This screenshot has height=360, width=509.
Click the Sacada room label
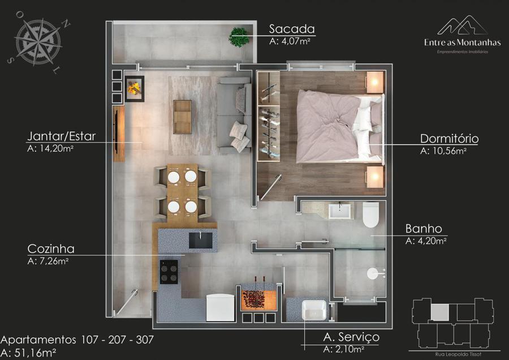pyautogui.click(x=292, y=29)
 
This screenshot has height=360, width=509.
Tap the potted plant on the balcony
pyautogui.click(x=239, y=37)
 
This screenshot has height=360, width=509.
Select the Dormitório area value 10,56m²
pyautogui.click(x=443, y=151)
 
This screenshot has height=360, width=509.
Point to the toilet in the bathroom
pyautogui.click(x=370, y=215)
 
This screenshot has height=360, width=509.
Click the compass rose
pyautogui.click(x=38, y=41)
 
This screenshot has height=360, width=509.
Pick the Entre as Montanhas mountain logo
pyautogui.click(x=462, y=25)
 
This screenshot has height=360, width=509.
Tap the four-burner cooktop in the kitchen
pyautogui.click(x=169, y=272)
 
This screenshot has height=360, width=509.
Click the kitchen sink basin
pyautogui.click(x=201, y=240)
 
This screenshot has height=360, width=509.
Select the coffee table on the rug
pyautogui.click(x=182, y=117)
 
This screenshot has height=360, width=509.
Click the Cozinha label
pyautogui.click(x=51, y=249)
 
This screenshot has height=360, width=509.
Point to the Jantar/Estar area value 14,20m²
pyautogui.click(x=50, y=148)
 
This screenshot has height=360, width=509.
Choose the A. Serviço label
pyautogui.click(x=351, y=337)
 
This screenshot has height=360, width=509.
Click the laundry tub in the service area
pyautogui.click(x=314, y=310)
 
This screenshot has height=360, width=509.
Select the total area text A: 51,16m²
pyautogui.click(x=28, y=353)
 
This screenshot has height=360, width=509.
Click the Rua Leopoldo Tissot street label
pyautogui.click(x=458, y=354)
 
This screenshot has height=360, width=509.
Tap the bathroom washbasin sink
pyautogui.click(x=339, y=211)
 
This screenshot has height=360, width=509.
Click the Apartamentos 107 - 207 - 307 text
pyautogui.click(x=77, y=340)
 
